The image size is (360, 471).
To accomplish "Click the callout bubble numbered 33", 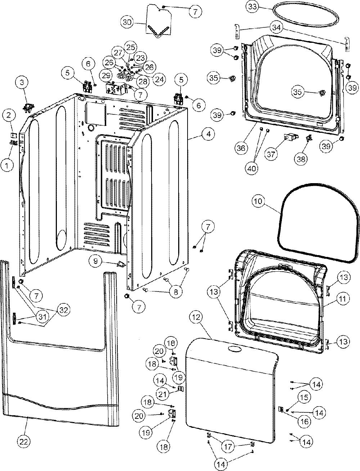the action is pos(252,7).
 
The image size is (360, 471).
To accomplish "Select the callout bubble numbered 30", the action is pos(127,22).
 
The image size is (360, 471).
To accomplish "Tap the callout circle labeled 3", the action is pos(22,83).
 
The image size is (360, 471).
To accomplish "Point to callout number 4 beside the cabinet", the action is pos(208,134).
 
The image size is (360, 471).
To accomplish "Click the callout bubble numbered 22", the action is pos(24,441).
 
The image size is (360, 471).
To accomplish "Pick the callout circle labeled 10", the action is pos(259,201).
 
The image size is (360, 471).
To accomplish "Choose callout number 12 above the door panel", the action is pos(196,317).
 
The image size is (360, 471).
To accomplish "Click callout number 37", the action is pos(271,154).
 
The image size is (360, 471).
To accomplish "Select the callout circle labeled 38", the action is pos(301,159).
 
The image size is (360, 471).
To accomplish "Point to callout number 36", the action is pos(241,148).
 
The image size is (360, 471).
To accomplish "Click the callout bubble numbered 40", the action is pos(252,168).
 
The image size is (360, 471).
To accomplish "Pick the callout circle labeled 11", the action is pos(343,298).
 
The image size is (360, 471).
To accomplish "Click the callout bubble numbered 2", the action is pos(9,116).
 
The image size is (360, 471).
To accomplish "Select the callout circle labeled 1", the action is pos(7,165).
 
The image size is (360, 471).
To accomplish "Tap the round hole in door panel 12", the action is pos(235,349).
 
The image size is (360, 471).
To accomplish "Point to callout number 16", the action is pos(305,421).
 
